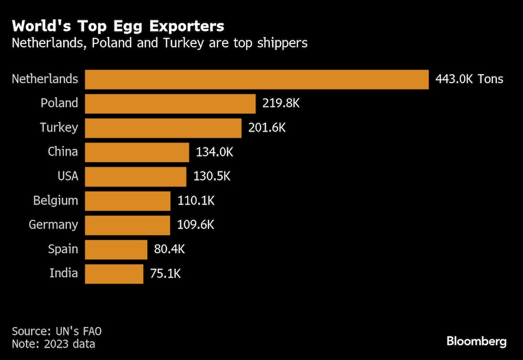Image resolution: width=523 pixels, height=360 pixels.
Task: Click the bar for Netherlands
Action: click(x=256, y=80)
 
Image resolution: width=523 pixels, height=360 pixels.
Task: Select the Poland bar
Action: click(x=170, y=104)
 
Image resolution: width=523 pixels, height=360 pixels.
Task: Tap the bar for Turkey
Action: click(x=163, y=128)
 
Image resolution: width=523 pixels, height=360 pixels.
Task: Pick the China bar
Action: click(x=137, y=152)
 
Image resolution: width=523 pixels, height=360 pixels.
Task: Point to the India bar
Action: click(x=113, y=274)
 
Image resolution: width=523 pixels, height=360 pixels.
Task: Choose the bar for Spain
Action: click(x=116, y=250)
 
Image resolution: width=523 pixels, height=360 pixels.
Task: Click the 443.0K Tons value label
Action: click(x=469, y=80)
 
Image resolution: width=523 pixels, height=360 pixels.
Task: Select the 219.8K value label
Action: click(x=281, y=104)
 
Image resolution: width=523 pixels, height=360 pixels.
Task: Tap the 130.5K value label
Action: click(x=212, y=176)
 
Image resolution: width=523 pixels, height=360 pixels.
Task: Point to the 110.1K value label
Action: click(x=196, y=201)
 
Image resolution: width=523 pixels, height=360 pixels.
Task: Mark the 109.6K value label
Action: click(x=196, y=225)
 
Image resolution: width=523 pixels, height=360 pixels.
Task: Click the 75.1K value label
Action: click(x=167, y=274)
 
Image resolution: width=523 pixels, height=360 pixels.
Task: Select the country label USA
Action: click(x=67, y=176)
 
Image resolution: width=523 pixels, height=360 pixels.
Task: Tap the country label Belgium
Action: click(x=55, y=200)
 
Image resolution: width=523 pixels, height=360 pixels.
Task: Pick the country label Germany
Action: click(x=53, y=225)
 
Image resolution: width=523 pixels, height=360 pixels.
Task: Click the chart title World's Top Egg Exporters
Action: click(x=118, y=26)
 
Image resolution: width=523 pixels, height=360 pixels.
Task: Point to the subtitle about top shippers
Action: click(x=160, y=43)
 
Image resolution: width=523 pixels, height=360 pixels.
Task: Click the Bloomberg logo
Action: click(x=476, y=342)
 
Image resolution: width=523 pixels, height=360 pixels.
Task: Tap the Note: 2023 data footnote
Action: click(x=53, y=344)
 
